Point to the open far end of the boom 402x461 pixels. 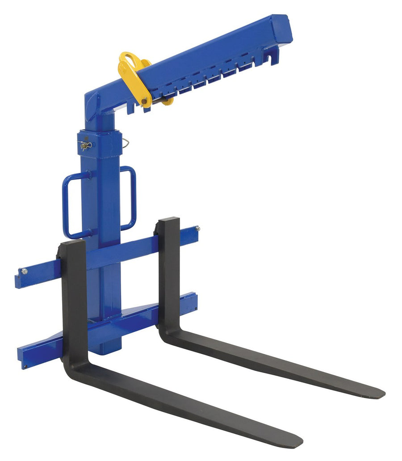283,29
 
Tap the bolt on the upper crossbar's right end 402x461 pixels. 197,229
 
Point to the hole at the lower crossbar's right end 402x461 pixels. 195,308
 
